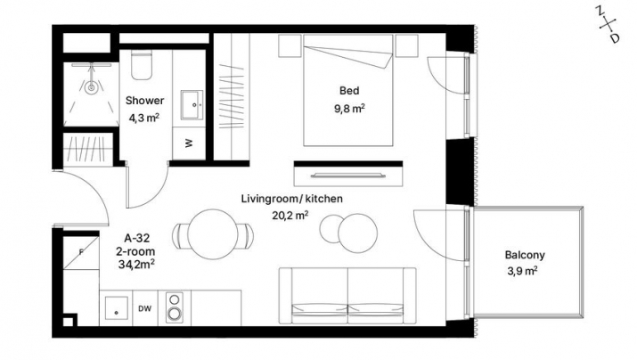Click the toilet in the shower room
click(x=142, y=65)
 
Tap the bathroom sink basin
click(x=192, y=105)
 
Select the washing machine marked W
click(x=189, y=143)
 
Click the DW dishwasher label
click(x=144, y=309)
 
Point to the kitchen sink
click(x=116, y=308)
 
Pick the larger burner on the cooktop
click(x=175, y=314)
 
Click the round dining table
click(x=212, y=234)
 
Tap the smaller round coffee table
click(x=331, y=228)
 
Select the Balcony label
click(x=525, y=255)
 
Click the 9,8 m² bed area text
click(x=349, y=109)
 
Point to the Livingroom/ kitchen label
click(x=292, y=199)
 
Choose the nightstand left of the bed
click(x=290, y=46)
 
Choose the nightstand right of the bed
click(x=406, y=46)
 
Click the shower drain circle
click(x=92, y=87)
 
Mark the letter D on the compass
click(x=615, y=38)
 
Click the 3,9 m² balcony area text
click(x=522, y=270)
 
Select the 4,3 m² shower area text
click(x=143, y=119)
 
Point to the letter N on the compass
click(x=600, y=11)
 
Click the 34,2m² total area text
click(x=136, y=265)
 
